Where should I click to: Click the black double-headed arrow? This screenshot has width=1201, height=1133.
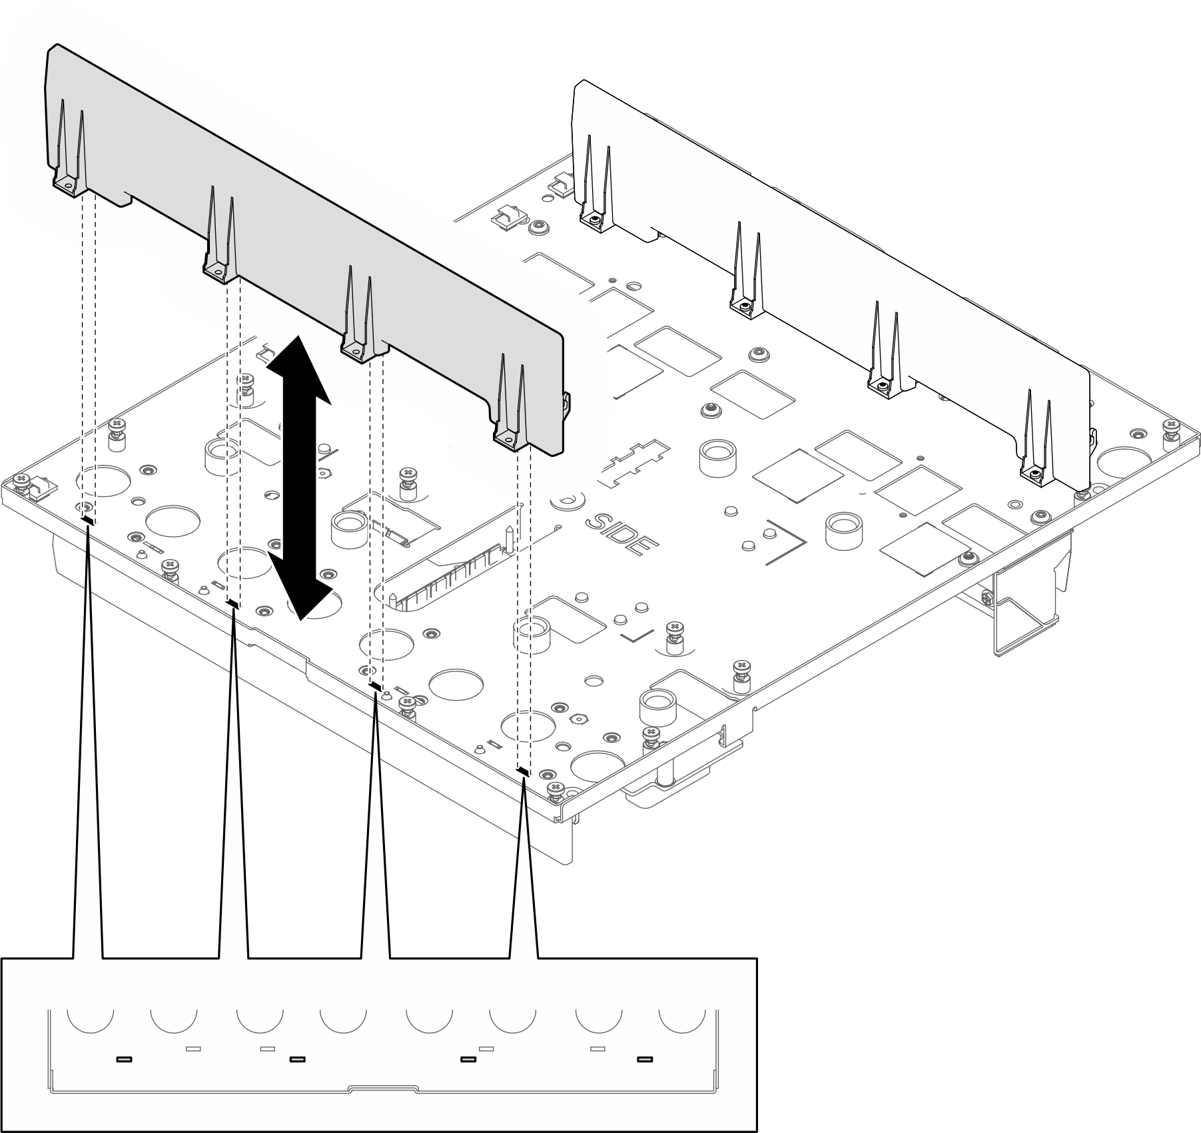pyautogui.click(x=298, y=477)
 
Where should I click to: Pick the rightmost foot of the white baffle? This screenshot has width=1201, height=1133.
pyautogui.click(x=1034, y=474)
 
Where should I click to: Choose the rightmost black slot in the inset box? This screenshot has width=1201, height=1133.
pyautogui.click(x=645, y=1059)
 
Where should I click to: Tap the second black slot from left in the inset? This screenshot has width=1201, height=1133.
pyautogui.click(x=297, y=1059)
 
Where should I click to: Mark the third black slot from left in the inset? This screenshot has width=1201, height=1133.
pyautogui.click(x=469, y=1059)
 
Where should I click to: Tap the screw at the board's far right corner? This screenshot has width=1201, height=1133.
pyautogui.click(x=1172, y=427)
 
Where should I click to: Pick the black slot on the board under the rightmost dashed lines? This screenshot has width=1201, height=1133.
pyautogui.click(x=523, y=772)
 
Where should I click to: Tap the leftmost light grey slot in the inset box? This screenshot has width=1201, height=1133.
pyautogui.click(x=193, y=1049)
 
